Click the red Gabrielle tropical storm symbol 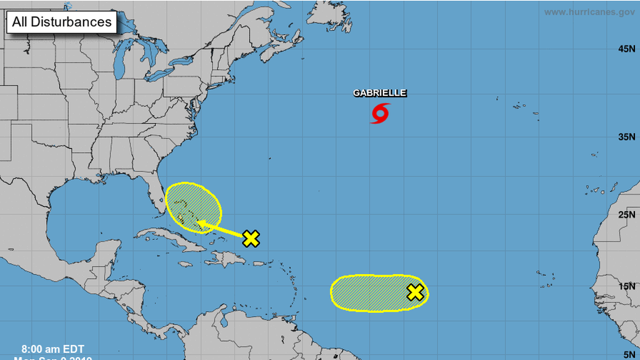tap(380, 113)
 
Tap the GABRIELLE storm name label tap(380, 93)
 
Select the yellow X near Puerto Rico tap(251, 239)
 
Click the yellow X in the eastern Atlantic tap(415, 292)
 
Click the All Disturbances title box tap(62, 22)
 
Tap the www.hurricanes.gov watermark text tap(589, 12)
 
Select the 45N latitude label tap(626, 49)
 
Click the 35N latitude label tap(626, 136)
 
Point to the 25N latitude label tap(626, 214)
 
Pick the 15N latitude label tap(626, 286)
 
